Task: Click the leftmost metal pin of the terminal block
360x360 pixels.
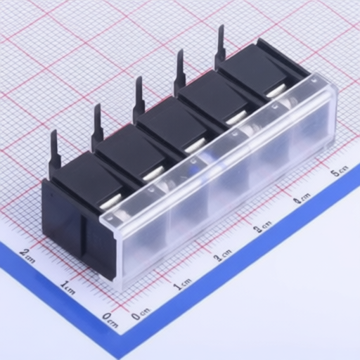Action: (56, 150)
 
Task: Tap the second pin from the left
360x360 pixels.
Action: (98, 124)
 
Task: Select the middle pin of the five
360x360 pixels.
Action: (139, 96)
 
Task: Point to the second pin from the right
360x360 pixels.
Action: (181, 70)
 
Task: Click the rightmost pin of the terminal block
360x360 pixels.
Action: (221, 44)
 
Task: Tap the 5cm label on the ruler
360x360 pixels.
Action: (339, 171)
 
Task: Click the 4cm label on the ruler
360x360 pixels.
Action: (302, 198)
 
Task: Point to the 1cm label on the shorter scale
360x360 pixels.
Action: (67, 288)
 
